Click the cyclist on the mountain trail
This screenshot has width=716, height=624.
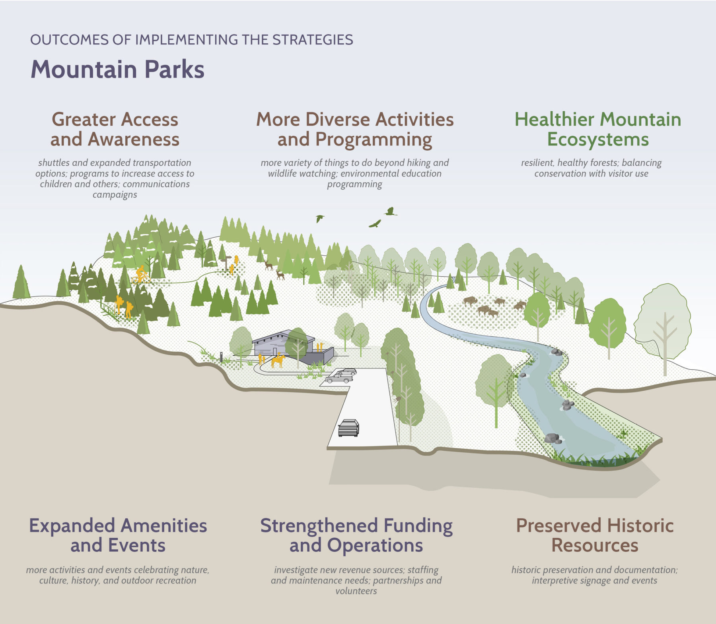pos(141,274)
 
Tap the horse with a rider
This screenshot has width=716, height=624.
pos(278,360)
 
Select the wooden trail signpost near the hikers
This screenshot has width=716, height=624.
pos(226,262)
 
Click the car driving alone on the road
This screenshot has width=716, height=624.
pos(348,428)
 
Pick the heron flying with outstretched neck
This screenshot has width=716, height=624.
pos(391,211)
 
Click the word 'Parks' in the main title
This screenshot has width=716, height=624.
pos(174,70)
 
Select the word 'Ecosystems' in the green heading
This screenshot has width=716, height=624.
pos(598,140)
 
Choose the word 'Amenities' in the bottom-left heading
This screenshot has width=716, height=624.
pos(163,525)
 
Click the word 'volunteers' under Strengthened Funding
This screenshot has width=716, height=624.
pos(356,591)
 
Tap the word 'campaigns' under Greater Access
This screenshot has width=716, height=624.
pos(115,195)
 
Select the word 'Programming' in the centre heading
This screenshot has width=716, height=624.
pos(374,140)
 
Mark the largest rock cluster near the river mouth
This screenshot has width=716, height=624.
pos(553,438)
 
